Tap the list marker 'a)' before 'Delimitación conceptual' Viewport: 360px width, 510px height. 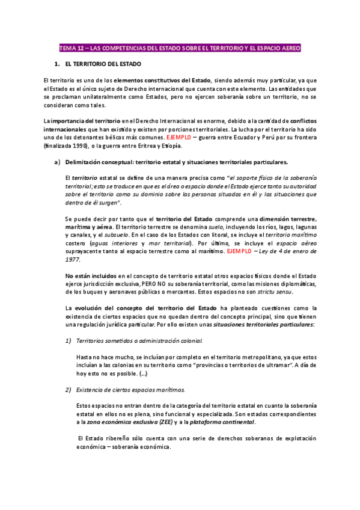pos(57,162)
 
